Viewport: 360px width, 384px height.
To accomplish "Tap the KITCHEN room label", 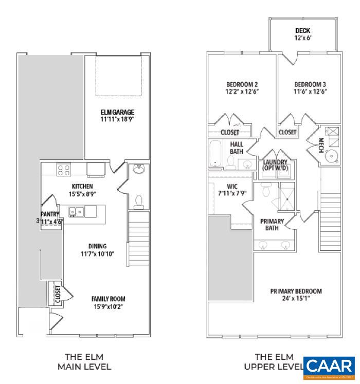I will [x=82, y=187].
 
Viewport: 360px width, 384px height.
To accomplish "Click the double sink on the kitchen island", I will [x=78, y=210].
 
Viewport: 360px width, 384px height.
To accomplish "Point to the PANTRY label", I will [x=50, y=214].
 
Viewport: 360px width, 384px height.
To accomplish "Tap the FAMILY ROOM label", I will [x=108, y=299].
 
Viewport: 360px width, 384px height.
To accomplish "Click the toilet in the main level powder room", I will [x=137, y=202].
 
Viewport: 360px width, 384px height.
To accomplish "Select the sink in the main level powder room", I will [x=138, y=170].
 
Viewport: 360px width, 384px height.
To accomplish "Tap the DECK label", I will [x=302, y=31].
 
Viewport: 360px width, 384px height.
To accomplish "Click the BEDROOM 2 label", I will [x=242, y=85].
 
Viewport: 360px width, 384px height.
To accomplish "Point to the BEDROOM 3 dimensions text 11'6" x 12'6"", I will [x=310, y=92].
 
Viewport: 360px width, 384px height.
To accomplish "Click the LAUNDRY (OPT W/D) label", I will [x=276, y=164].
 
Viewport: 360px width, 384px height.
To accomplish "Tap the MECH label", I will [x=320, y=142].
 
